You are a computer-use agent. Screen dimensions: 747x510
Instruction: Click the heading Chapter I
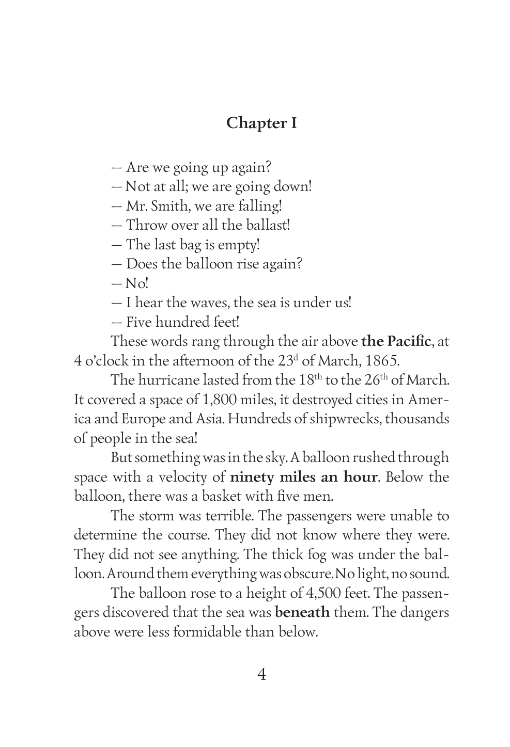pyautogui.click(x=261, y=123)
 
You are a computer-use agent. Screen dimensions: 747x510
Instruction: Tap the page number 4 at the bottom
pyautogui.click(x=261, y=674)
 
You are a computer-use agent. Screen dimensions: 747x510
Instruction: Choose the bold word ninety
pyautogui.click(x=252, y=477)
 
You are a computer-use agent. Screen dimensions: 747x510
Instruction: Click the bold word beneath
pyautogui.click(x=302, y=613)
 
